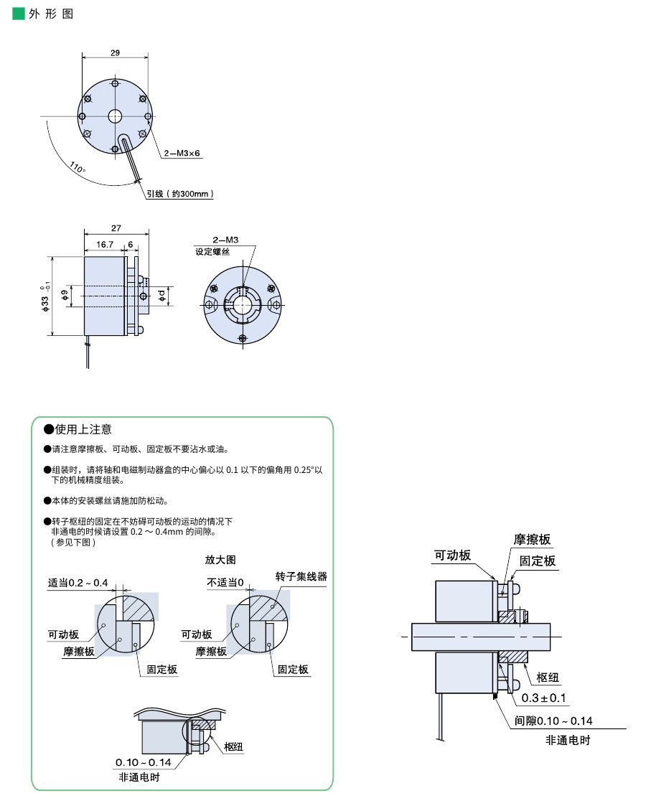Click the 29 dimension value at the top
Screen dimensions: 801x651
[115, 52]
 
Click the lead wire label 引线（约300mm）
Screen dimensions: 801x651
[180, 194]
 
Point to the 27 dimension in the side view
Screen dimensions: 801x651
[116, 228]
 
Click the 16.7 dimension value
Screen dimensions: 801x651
[106, 245]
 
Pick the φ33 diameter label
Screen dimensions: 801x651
[46, 296]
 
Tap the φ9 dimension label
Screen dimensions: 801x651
[65, 294]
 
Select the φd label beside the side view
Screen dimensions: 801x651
[163, 294]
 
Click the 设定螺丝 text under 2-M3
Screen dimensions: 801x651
[212, 252]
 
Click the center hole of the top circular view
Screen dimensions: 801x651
[116, 116]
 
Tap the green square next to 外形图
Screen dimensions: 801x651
[19, 14]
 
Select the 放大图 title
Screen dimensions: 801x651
[220, 559]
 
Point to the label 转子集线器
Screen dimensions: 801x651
[301, 576]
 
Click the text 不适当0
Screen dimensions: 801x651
[225, 582]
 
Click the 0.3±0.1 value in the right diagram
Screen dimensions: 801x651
[543, 698]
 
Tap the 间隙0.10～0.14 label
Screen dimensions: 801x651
[553, 721]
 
